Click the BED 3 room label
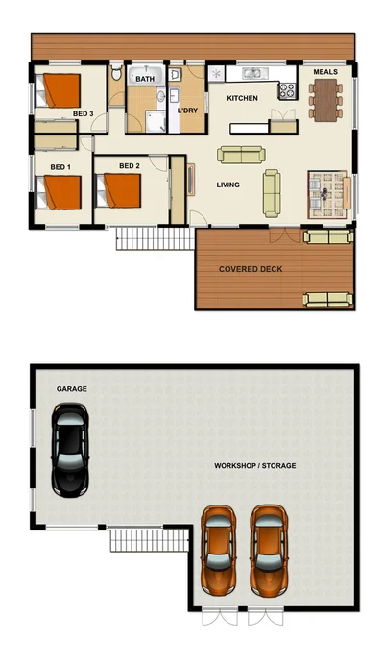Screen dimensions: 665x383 pyautogui.click(x=83, y=114)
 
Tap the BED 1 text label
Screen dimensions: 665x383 pyautogui.click(x=60, y=167)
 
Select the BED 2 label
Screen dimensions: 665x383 pyautogui.click(x=130, y=166)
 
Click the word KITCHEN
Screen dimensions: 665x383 pyautogui.click(x=242, y=99)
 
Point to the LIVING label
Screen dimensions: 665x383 pyautogui.click(x=228, y=185)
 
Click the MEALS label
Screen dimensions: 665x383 pyautogui.click(x=325, y=72)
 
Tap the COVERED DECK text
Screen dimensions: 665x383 pyautogui.click(x=251, y=269)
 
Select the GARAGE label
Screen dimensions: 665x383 pyautogui.click(x=72, y=390)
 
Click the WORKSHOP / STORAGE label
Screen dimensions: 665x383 pyautogui.click(x=254, y=466)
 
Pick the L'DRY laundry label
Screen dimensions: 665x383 pyautogui.click(x=187, y=111)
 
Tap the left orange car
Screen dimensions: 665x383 pyautogui.click(x=220, y=551)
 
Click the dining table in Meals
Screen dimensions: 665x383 pyautogui.click(x=326, y=97)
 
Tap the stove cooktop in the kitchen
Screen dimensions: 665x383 pyautogui.click(x=286, y=91)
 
